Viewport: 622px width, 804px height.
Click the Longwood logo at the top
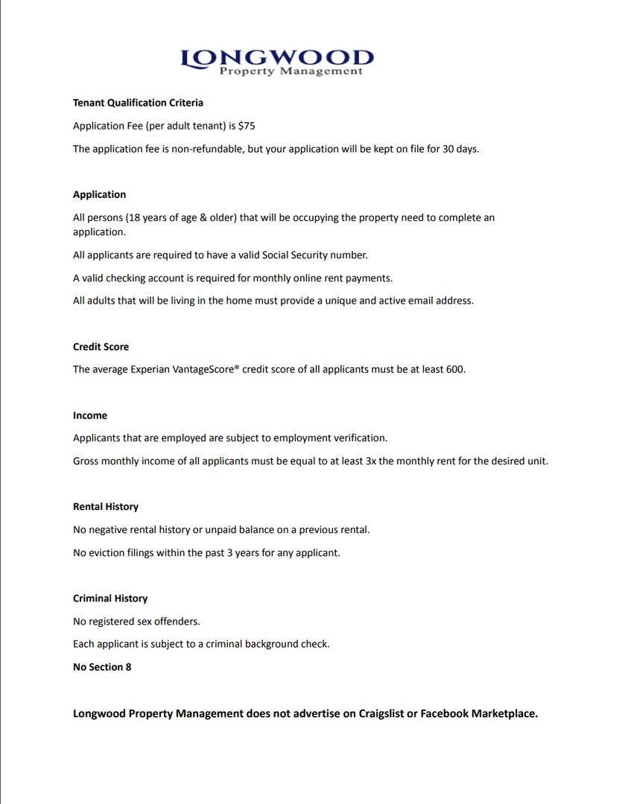277,61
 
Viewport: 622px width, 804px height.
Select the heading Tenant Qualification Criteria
138,103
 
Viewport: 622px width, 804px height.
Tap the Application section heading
99,194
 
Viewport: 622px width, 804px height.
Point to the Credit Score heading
101,347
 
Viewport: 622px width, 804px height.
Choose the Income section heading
90,415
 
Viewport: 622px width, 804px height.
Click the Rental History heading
106,507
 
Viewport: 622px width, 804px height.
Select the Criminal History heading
110,599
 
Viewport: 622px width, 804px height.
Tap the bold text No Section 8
102,667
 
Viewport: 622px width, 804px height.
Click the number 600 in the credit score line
454,369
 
